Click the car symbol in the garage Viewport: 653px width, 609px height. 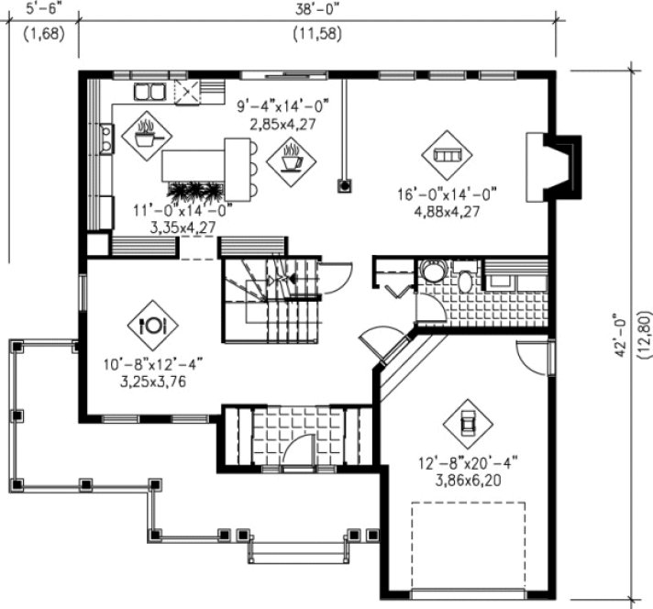[x=466, y=423]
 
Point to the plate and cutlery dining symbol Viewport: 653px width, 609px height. [x=152, y=323]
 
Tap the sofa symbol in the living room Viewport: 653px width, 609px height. [x=447, y=155]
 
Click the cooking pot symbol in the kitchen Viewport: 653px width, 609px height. [x=146, y=136]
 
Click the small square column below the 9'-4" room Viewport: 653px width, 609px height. [x=345, y=184]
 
